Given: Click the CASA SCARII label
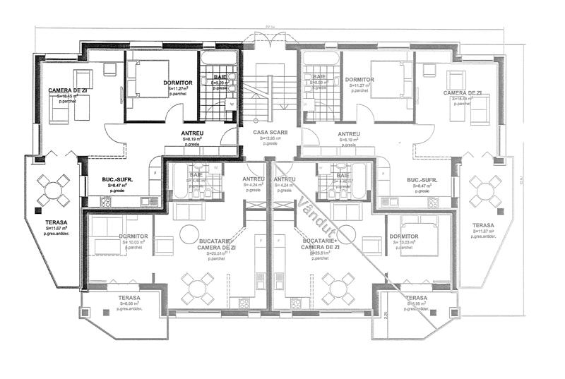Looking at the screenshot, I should click(x=267, y=132).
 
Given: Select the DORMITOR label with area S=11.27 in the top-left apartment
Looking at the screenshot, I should click(x=178, y=83).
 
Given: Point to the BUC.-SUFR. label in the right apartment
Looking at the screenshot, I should click(x=422, y=180).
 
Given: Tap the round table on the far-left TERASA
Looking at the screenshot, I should click(x=54, y=190).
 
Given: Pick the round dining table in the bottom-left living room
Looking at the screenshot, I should click(x=196, y=287).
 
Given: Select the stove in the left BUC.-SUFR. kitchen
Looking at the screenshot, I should click(x=106, y=202).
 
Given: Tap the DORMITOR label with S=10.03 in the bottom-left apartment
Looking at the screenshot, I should click(x=133, y=236).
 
